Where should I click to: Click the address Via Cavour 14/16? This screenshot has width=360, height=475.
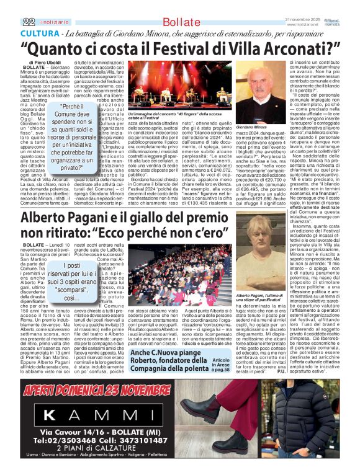coord(78,431)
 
